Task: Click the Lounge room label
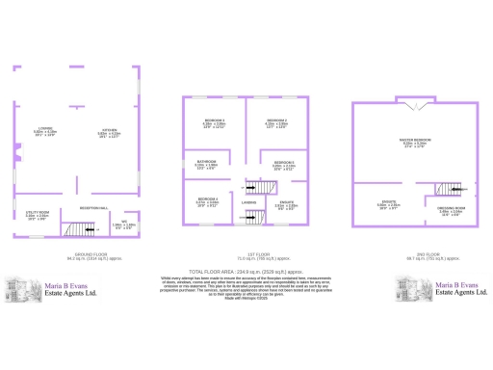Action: (46, 130)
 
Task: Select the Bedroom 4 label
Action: (207, 200)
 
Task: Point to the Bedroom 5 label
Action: (283, 164)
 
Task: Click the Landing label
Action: (248, 203)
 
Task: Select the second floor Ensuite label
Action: (388, 204)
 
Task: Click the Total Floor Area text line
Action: (246, 273)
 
